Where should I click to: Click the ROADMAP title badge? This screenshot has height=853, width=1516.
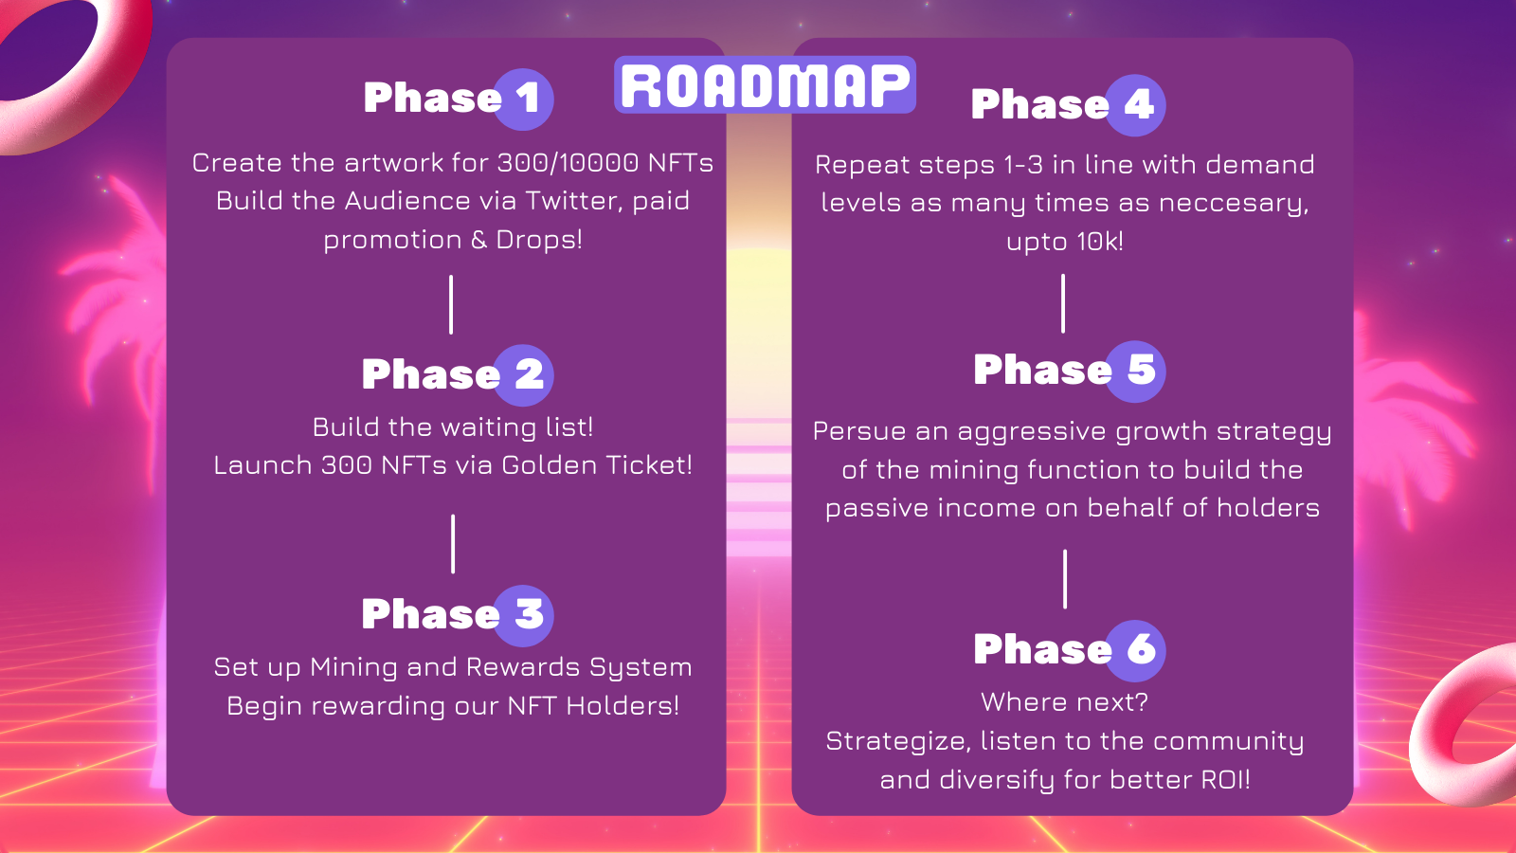(765, 84)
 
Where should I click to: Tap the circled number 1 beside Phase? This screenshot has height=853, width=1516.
(523, 99)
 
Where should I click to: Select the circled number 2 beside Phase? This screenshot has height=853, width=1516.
(523, 375)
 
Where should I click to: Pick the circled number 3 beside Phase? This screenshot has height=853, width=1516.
(523, 615)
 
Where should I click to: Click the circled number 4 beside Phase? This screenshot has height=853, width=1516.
(1135, 105)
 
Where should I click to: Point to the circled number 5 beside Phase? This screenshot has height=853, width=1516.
(1135, 371)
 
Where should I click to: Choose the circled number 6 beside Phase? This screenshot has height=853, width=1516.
(1135, 650)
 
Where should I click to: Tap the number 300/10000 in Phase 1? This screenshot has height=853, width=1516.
(568, 162)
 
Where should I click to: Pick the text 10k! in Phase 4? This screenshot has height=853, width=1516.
(1100, 241)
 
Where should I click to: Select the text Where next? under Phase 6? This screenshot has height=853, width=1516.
(1065, 702)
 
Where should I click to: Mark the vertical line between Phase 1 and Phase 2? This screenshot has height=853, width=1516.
(451, 304)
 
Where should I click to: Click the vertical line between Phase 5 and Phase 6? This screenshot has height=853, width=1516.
(1065, 579)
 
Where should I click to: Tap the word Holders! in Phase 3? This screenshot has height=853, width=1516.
(623, 706)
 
